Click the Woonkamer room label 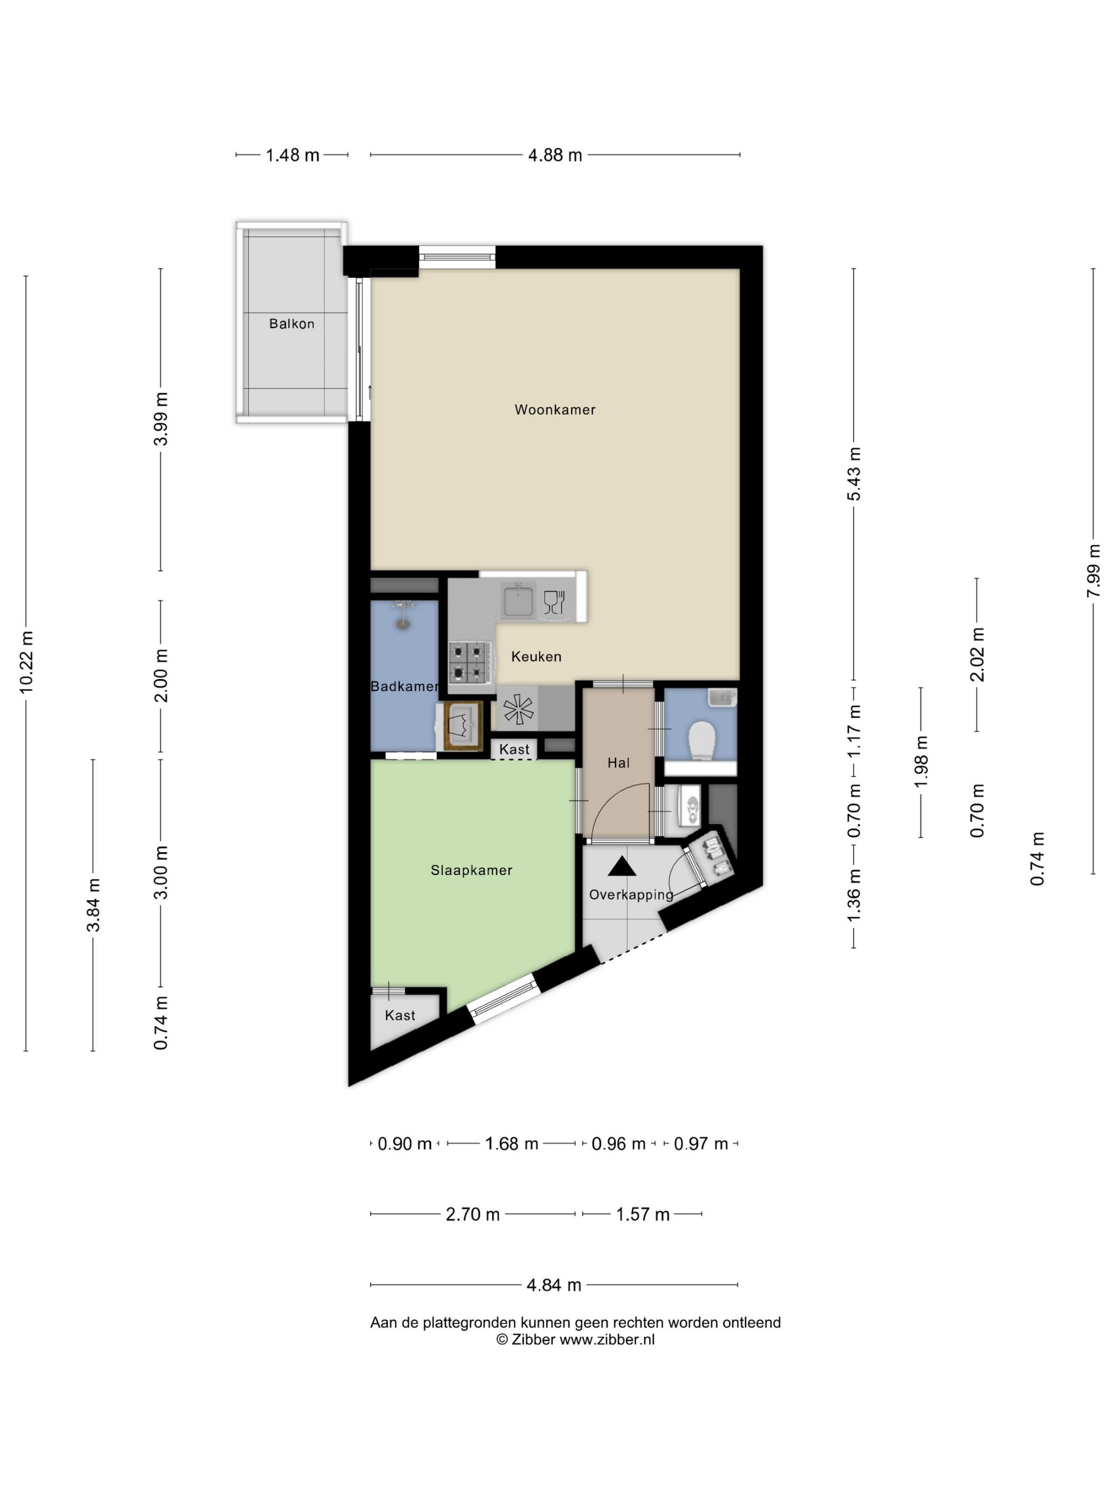coord(555,410)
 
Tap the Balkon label coord(291,324)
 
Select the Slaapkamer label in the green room coord(472,870)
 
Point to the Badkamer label coord(404,686)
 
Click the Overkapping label coord(631,895)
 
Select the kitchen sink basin coord(518,601)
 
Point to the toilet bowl coord(701,741)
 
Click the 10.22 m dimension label coord(26,662)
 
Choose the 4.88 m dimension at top coord(555,155)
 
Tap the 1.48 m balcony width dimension coord(292,155)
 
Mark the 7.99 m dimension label coord(1093,571)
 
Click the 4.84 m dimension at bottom coord(554,1285)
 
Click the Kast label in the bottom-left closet coord(400,1015)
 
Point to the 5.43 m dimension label coord(854,474)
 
